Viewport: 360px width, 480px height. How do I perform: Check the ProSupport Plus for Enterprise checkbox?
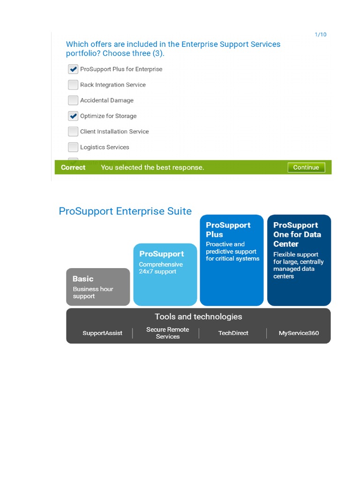coord(73,69)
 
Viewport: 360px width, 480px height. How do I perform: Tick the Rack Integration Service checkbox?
coord(73,85)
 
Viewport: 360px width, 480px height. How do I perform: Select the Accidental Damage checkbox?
coord(73,100)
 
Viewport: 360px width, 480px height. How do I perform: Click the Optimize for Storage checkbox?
coord(73,116)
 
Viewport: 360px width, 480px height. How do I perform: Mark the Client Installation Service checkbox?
coord(73,131)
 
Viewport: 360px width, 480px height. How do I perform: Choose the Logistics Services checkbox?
coord(73,147)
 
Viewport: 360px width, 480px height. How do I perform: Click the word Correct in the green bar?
coord(73,167)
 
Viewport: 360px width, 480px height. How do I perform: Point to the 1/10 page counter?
coord(321,35)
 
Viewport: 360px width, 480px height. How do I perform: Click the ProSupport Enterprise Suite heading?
coord(125,211)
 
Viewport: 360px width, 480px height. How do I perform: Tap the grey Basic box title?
coord(83,278)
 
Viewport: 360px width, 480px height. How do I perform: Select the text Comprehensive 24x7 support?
coord(161,268)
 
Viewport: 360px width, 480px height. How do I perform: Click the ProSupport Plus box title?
coord(228,230)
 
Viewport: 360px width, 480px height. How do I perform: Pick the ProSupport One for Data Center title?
coord(297,234)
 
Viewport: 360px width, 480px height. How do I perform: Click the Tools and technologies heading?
coord(198,316)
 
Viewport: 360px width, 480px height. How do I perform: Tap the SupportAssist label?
coord(102,333)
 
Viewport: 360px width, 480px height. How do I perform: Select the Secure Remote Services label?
coord(167,333)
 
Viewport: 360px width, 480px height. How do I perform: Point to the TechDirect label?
coord(233,333)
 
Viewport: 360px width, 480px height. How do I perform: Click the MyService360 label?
coord(299,333)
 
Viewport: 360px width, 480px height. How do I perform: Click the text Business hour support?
coord(93,292)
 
